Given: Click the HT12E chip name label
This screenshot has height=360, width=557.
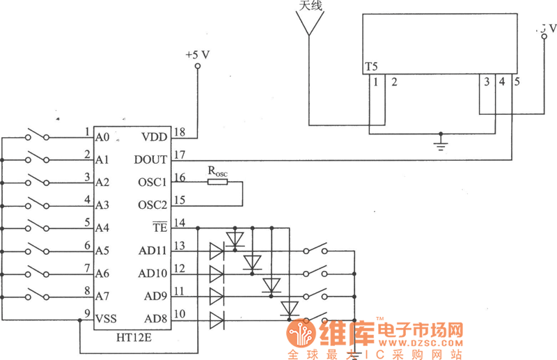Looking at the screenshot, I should point(135,337).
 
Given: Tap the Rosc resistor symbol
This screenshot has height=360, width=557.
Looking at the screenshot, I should point(217,182).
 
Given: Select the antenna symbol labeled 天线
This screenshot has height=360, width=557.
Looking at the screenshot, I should point(308,24).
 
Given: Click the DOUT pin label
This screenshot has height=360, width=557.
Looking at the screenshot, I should point(151,159).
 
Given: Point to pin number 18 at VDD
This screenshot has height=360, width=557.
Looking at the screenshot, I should point(179,132).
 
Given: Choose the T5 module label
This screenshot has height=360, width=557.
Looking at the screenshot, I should point(371,68).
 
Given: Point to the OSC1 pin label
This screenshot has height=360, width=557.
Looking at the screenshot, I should point(152,182).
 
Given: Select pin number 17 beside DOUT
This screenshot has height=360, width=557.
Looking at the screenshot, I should point(179,155).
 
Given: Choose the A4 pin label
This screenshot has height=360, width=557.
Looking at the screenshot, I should point(102,228).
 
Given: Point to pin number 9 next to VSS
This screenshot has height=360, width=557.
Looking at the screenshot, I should point(87,313).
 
